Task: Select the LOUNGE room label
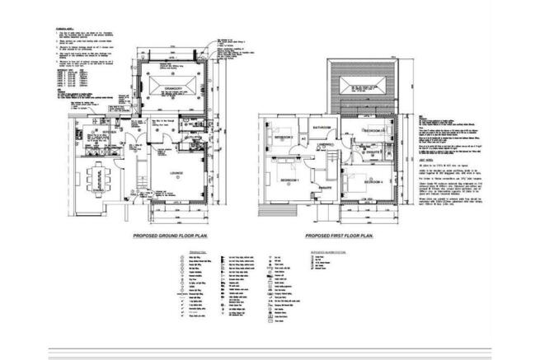point(177,172)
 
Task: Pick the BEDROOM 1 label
point(289,180)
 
